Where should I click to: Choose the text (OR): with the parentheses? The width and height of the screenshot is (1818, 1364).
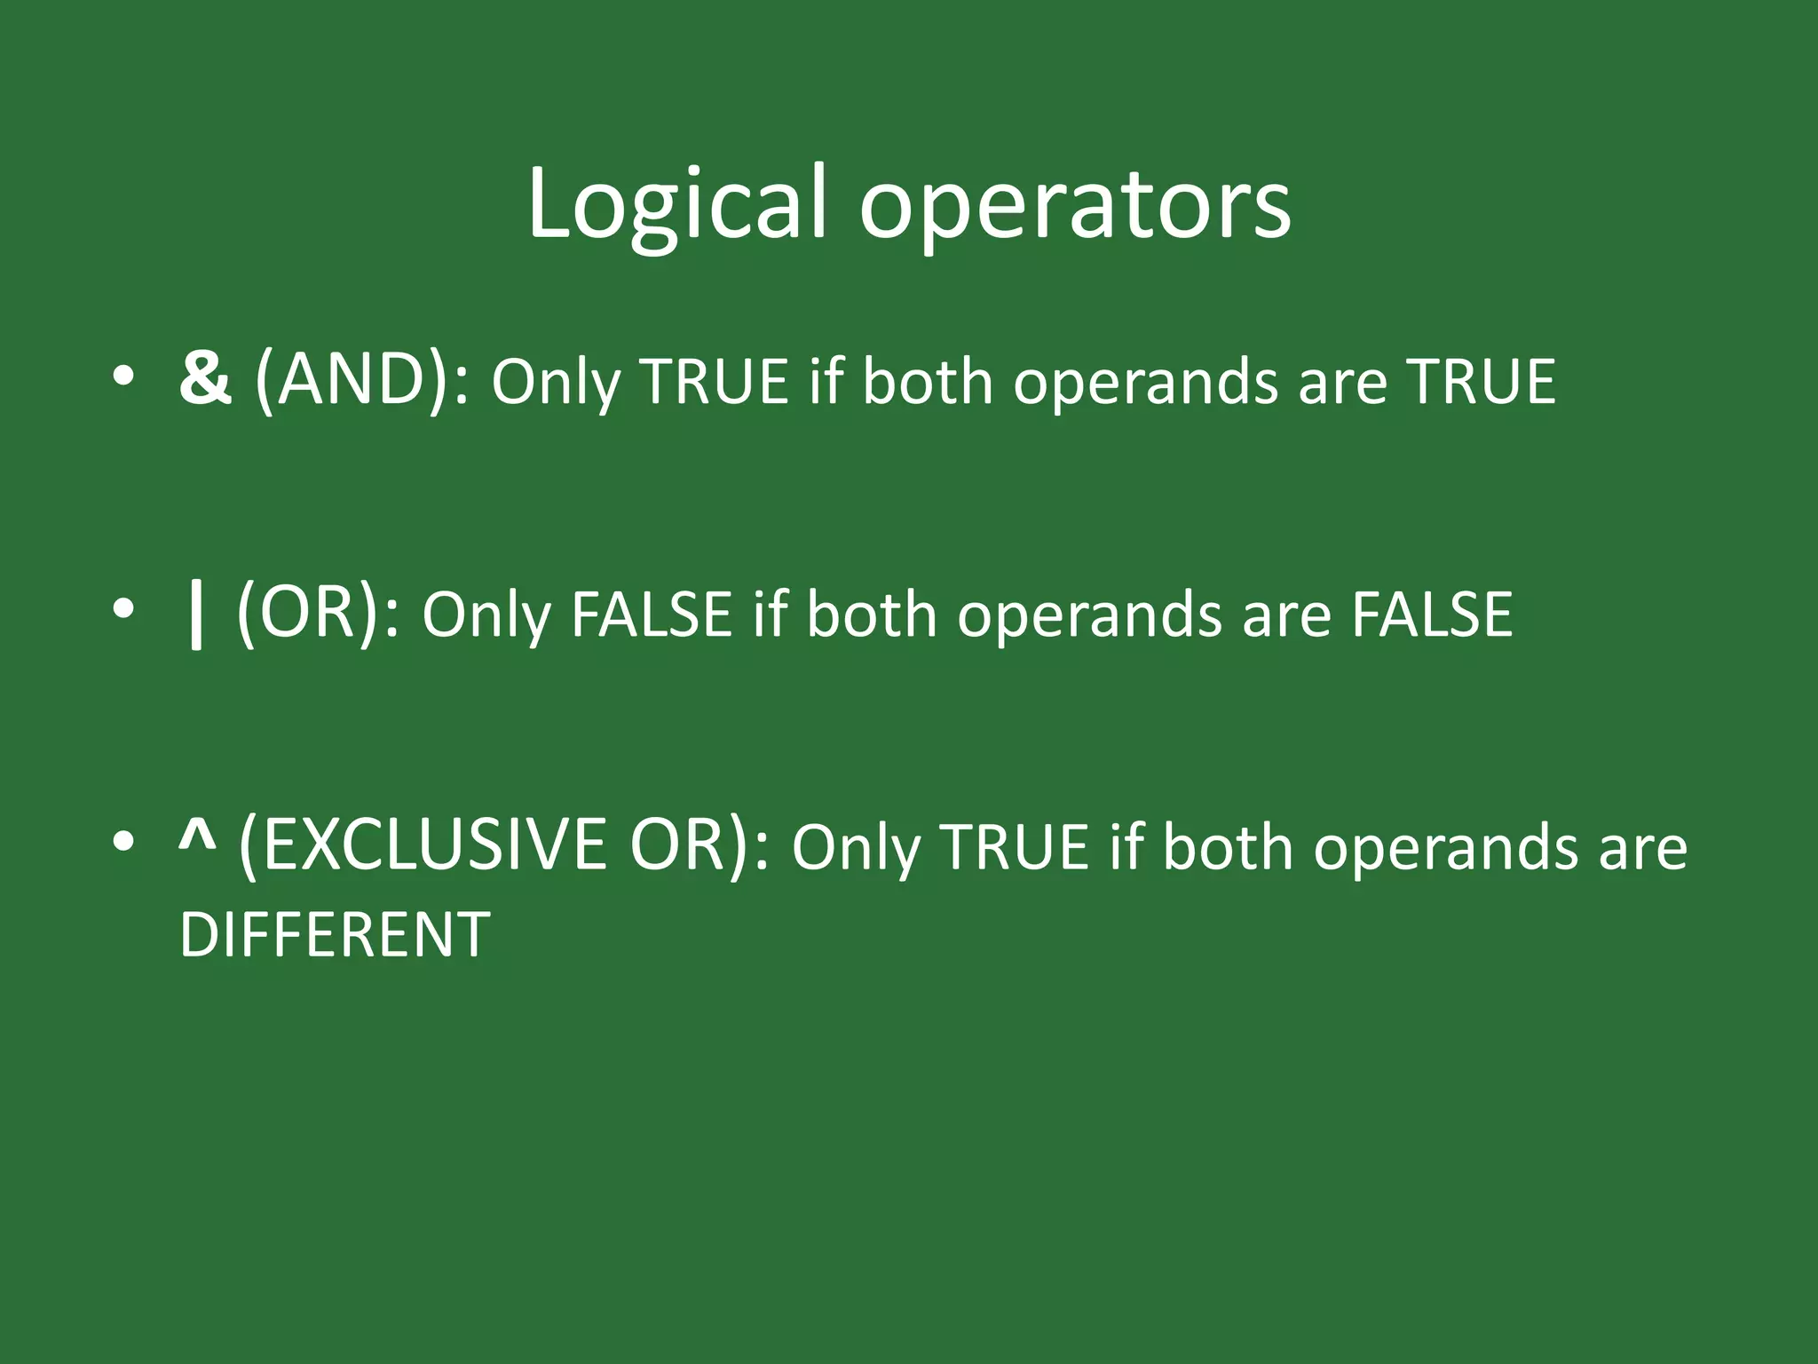pyautogui.click(x=318, y=615)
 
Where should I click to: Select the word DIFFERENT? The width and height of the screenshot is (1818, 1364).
pyautogui.click(x=335, y=934)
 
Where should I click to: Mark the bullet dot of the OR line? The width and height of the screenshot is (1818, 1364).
pyautogui.click(x=123, y=610)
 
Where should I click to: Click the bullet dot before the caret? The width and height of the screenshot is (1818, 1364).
pyautogui.click(x=123, y=841)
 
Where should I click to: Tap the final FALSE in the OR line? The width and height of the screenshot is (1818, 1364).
pyautogui.click(x=1431, y=615)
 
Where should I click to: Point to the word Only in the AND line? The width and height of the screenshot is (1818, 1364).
pyautogui.click(x=556, y=384)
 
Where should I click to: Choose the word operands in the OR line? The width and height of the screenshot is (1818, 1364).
pyautogui.click(x=1089, y=616)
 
